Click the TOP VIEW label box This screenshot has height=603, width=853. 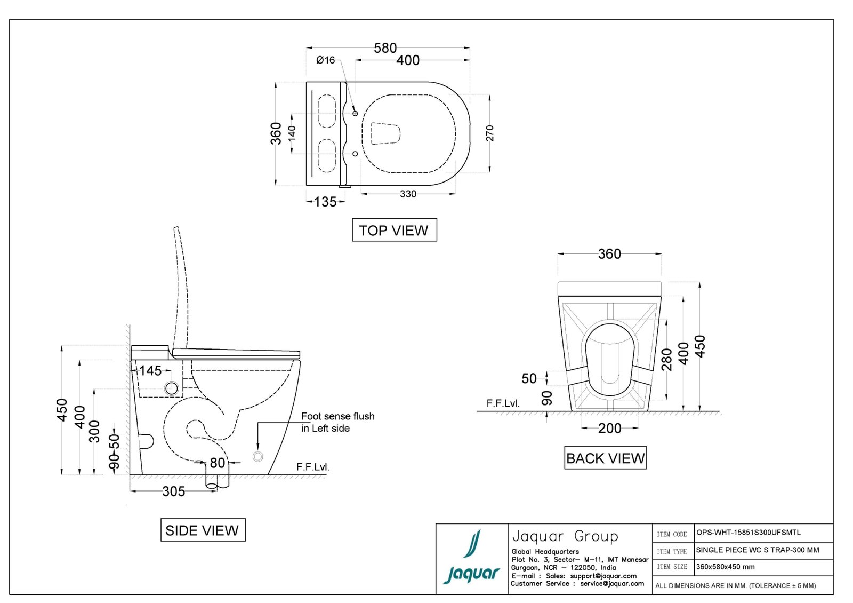tap(394, 230)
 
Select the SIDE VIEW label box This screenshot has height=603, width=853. tap(203, 530)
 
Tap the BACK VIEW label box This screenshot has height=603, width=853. tap(605, 458)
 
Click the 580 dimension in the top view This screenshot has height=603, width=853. tap(385, 48)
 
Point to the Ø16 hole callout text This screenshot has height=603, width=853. tap(325, 60)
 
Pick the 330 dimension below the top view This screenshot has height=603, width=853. tap(408, 194)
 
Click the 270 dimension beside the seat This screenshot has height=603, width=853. tap(490, 133)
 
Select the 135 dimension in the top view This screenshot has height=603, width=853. tap(325, 202)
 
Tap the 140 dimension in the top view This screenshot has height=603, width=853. tap(292, 133)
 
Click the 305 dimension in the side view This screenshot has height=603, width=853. tap(174, 491)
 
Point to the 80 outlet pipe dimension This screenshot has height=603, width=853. tap(218, 463)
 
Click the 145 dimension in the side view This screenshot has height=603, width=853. tap(150, 370)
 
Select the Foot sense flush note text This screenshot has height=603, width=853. tap(337, 422)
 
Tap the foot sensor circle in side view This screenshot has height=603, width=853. tap(258, 456)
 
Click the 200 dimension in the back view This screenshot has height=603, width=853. tap(609, 428)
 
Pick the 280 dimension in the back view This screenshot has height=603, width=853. tap(666, 360)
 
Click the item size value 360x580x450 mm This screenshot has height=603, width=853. tap(726, 567)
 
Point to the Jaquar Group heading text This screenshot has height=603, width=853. tap(565, 536)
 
